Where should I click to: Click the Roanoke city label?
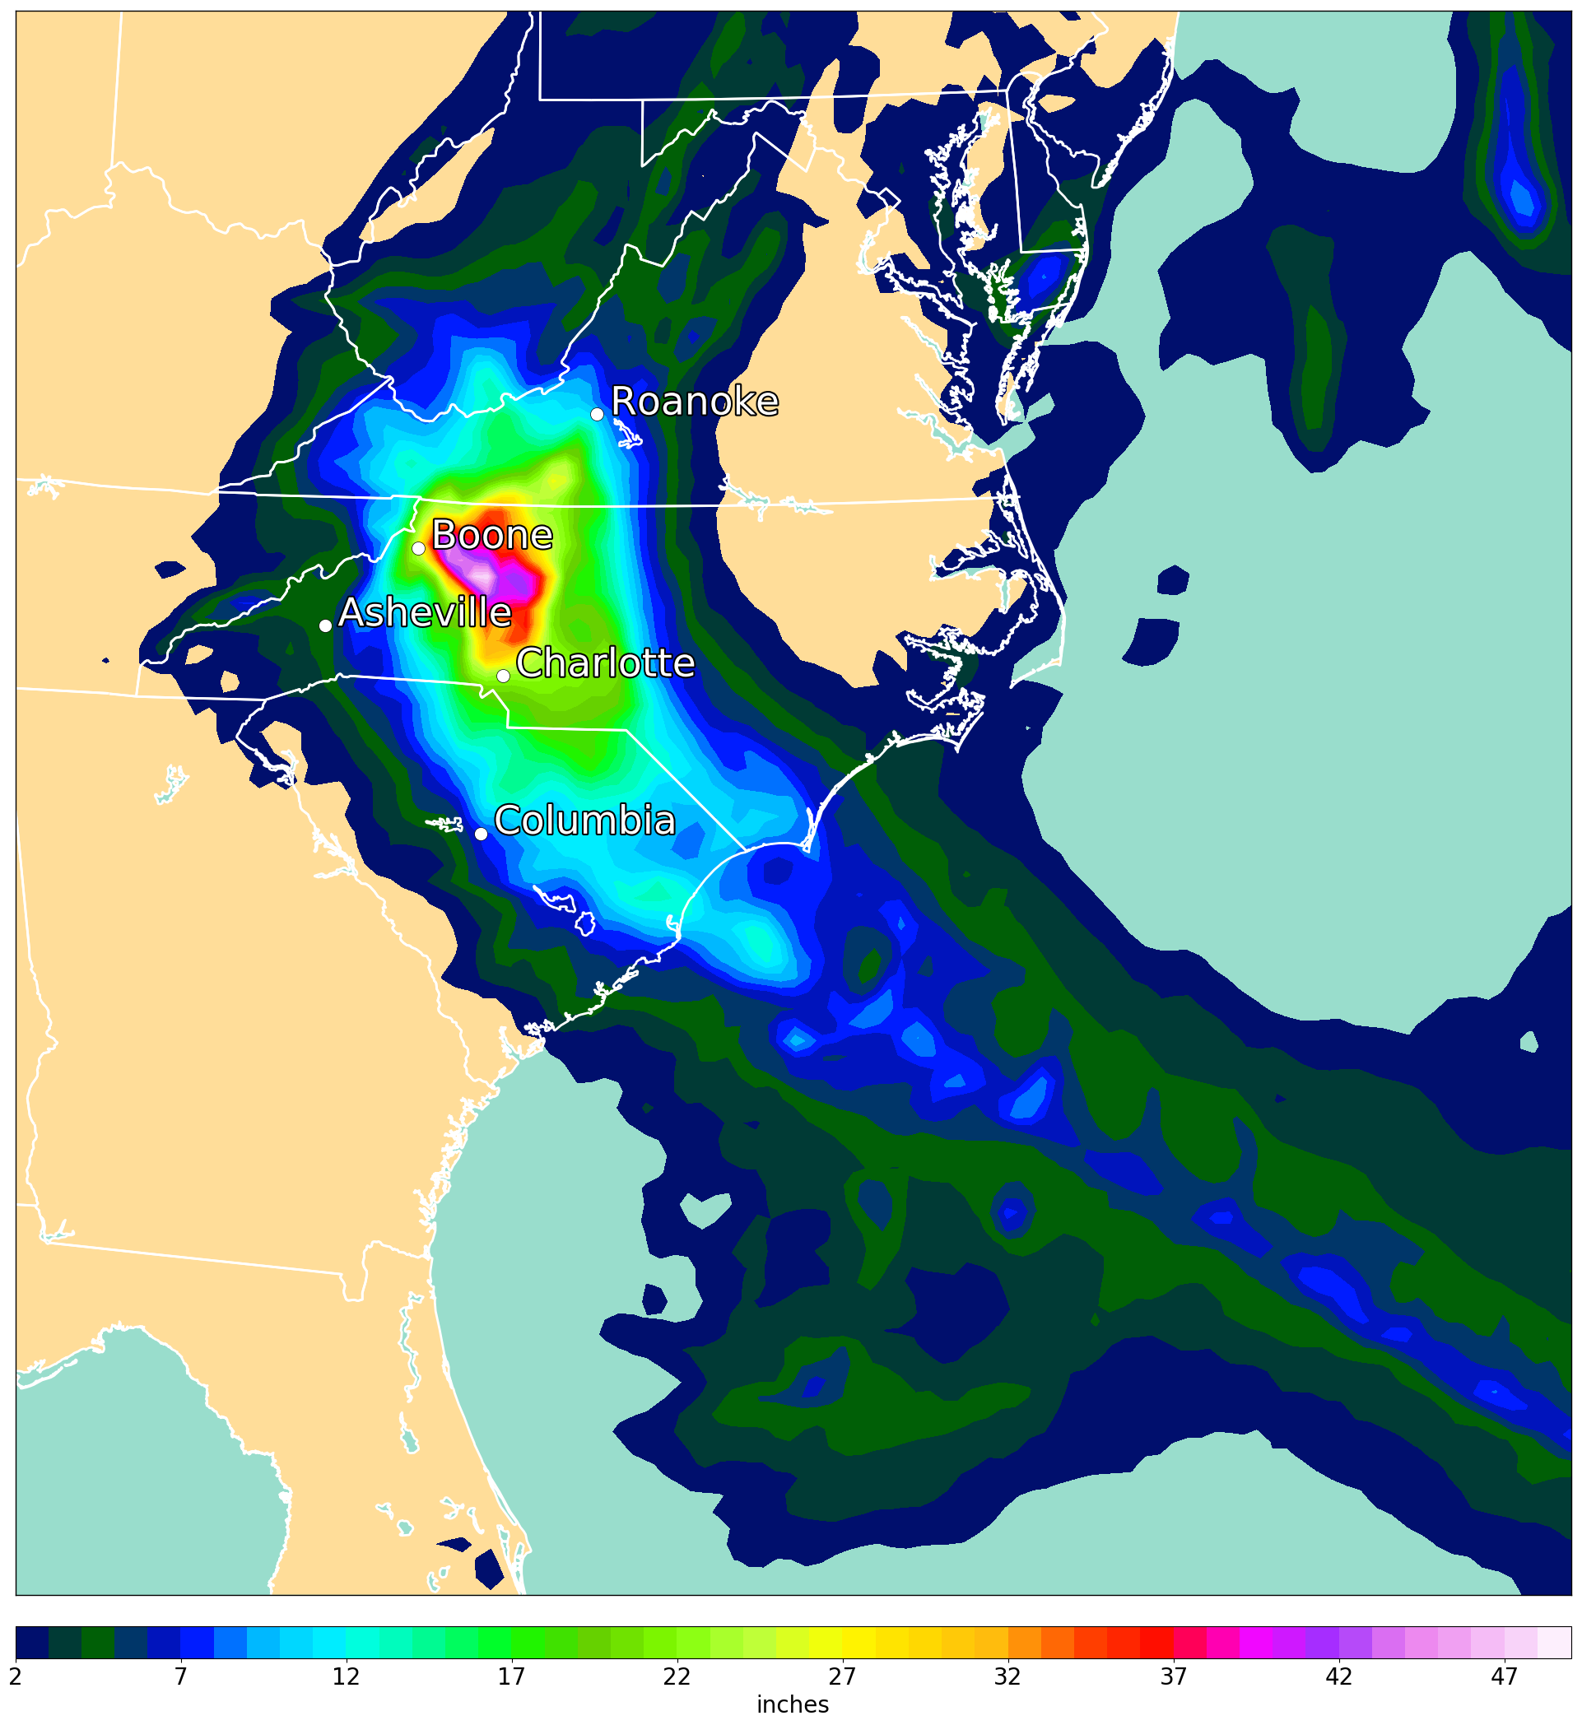pos(694,402)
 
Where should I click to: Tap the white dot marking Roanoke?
pos(598,414)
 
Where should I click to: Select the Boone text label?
pos(492,536)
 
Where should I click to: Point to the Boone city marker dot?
pos(419,549)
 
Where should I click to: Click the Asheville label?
pos(426,614)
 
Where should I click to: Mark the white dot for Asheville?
pos(325,625)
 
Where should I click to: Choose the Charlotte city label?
pos(605,663)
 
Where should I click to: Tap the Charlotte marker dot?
pos(504,677)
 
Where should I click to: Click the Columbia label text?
pos(584,821)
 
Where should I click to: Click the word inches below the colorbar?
pos(793,1704)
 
